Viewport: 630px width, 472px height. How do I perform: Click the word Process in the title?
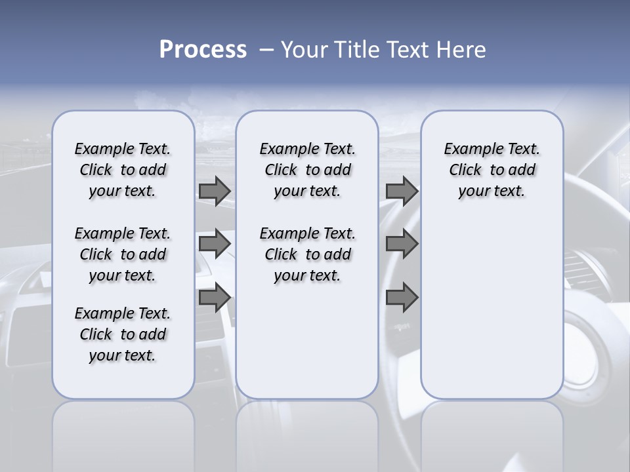(x=203, y=50)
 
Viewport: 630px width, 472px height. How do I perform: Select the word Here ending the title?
(x=461, y=50)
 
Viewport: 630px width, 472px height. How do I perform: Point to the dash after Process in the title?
(x=266, y=50)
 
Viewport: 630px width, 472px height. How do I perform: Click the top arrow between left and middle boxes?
(x=214, y=191)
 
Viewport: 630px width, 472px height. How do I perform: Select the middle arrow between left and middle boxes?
(x=214, y=244)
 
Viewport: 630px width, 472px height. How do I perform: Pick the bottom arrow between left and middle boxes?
(x=214, y=298)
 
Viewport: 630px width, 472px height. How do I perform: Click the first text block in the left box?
(x=123, y=170)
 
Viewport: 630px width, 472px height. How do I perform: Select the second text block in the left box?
(x=123, y=254)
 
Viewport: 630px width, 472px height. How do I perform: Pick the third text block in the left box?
(x=123, y=334)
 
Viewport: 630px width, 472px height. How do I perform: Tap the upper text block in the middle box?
(x=307, y=170)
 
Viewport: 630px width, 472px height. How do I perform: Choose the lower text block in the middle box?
(x=307, y=254)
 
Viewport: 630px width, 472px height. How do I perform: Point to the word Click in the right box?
(x=465, y=170)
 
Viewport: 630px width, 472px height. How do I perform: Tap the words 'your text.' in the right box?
(x=492, y=191)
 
